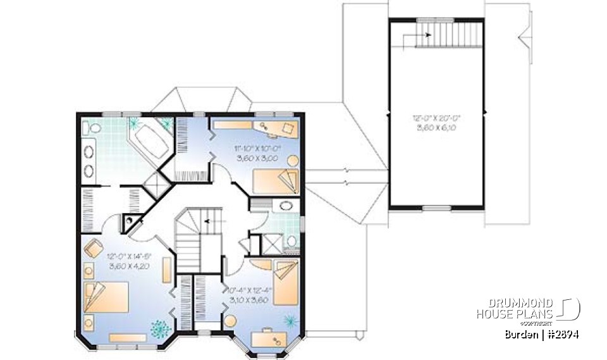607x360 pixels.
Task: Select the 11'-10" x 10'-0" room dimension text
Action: (x=256, y=152)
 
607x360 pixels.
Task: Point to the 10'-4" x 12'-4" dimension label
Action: (x=248, y=294)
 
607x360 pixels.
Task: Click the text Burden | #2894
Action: (x=542, y=335)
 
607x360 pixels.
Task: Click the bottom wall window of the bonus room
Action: (x=434, y=208)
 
